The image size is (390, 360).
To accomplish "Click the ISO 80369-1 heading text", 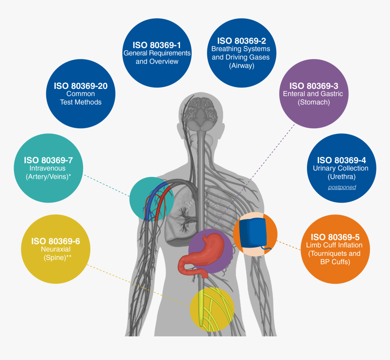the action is pos(157,45).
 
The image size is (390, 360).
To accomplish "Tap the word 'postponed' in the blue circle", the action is pos(342,187).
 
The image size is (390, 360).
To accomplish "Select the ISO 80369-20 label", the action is pos(81,86).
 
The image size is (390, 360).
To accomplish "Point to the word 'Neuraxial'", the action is pos(56,249).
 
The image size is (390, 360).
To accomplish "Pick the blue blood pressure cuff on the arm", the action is pos(253,233).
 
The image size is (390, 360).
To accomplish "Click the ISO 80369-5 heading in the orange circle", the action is pos(335,237).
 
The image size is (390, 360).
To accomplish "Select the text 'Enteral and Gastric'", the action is pos(313,94).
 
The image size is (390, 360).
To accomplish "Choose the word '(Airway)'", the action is pos(242,66).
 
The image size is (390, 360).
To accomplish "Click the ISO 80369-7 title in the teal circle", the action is pos(48,161).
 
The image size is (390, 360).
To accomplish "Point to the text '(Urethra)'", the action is pos(341,177).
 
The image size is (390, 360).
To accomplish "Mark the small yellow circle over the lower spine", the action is pos(212,310).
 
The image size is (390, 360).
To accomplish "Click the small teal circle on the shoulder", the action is pos(151,199).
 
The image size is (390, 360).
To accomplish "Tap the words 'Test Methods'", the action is pos(81,102).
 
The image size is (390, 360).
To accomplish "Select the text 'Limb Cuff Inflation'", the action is pos(334,245).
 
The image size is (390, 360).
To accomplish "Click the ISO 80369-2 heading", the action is pos(242,41).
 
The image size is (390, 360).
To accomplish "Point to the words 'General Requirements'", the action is pos(157,53).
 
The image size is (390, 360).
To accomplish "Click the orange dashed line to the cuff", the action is pos(288,245).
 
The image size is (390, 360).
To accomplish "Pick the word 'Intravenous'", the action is pos(47,168).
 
